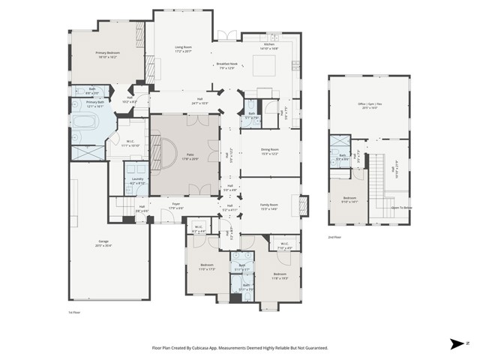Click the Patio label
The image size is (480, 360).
click(x=184, y=156)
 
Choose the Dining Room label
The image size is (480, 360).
click(x=269, y=151)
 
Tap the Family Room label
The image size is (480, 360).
click(x=268, y=206)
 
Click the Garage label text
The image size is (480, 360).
click(x=103, y=243)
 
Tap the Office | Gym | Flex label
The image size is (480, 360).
click(x=368, y=105)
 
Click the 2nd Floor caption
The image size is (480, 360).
click(x=334, y=237)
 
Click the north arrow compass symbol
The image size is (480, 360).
click(x=457, y=344)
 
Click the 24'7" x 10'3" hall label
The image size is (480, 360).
click(x=200, y=101)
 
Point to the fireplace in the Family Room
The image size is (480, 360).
click(x=304, y=205)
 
